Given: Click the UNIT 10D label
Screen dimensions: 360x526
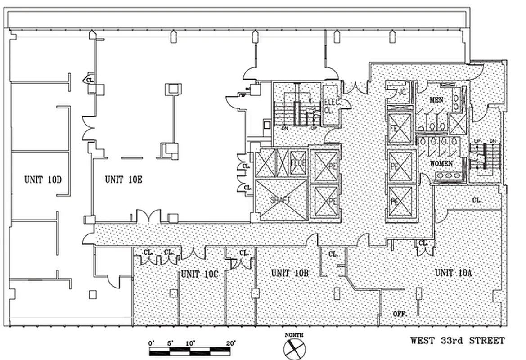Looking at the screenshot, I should click(x=42, y=180).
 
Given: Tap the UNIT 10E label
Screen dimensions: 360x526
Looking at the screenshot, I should click(x=123, y=180).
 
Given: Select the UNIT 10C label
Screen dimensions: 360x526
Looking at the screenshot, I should click(x=200, y=273).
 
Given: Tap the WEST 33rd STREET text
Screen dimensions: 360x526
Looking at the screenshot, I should click(x=457, y=341).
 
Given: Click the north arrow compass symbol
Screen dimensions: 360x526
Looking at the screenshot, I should click(x=294, y=349).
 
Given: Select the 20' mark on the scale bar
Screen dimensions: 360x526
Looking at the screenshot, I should click(x=231, y=343).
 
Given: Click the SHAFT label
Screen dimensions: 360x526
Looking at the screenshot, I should click(x=281, y=199).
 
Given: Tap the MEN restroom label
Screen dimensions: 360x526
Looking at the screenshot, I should click(x=436, y=99).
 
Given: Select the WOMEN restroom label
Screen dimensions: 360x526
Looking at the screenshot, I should click(x=441, y=164).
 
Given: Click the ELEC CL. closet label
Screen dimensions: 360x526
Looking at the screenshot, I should click(x=332, y=106).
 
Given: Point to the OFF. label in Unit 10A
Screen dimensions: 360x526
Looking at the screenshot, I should click(x=400, y=314).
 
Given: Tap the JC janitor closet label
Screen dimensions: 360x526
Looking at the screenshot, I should click(x=402, y=92).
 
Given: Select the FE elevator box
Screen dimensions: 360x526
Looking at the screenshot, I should click(x=400, y=128).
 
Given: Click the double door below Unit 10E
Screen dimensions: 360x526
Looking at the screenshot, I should click(x=148, y=217).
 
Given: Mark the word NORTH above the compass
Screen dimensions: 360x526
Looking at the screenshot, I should click(x=294, y=335).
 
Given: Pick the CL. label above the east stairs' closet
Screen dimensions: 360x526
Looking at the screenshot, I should click(x=477, y=200).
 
